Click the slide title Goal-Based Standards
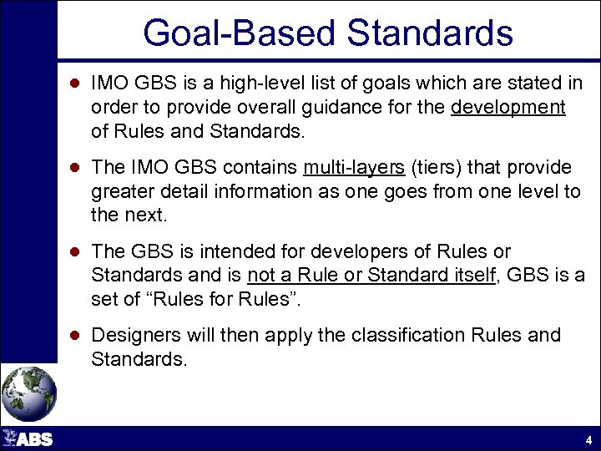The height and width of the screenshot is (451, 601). tap(328, 33)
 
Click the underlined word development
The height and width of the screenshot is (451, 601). tap(508, 108)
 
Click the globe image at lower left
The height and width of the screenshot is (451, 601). tap(29, 393)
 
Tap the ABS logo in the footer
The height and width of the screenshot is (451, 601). tap(28, 438)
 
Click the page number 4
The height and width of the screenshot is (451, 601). tap(588, 440)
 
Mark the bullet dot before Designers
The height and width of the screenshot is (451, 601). tap(74, 336)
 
